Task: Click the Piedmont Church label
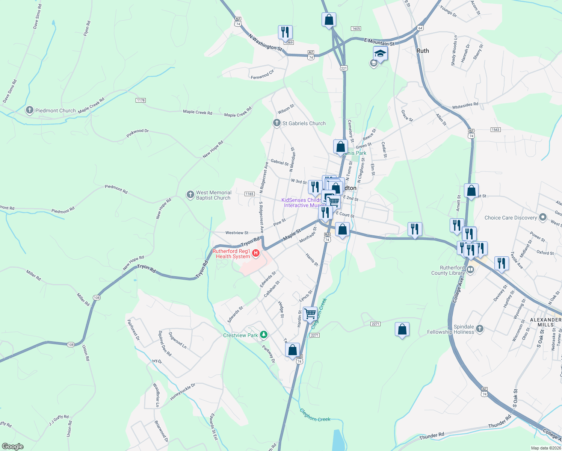click(56, 110)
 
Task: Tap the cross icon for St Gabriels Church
click(277, 123)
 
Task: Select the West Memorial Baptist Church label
click(213, 195)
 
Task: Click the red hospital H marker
click(256, 253)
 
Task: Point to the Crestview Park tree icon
click(264, 334)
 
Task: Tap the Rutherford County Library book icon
click(470, 269)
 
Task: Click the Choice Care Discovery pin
click(542, 217)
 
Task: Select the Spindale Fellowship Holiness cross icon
click(479, 329)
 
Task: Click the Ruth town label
click(423, 51)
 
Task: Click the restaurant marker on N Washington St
click(285, 32)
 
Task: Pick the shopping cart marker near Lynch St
click(310, 313)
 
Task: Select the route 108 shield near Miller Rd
click(97, 298)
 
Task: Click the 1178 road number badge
click(141, 100)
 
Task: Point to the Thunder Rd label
click(432, 436)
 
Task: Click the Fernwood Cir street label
click(263, 74)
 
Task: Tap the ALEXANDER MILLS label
click(545, 322)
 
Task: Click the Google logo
click(12, 446)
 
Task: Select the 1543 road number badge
click(496, 130)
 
